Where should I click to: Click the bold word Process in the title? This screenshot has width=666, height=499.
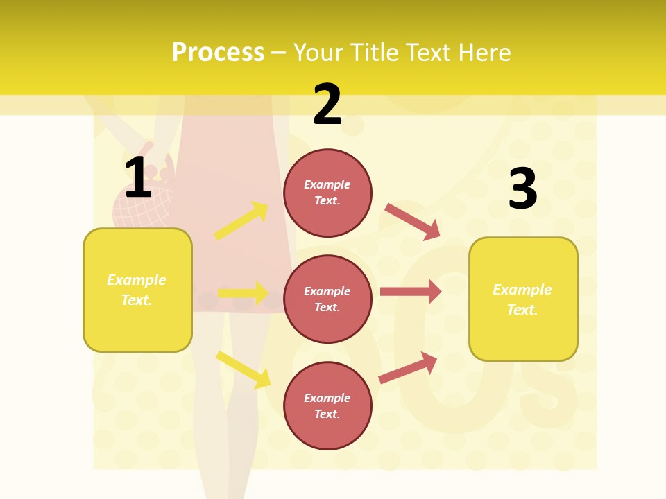pyautogui.click(x=218, y=53)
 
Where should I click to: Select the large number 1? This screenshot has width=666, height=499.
pyautogui.click(x=138, y=178)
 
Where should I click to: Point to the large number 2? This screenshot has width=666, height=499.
pyautogui.click(x=327, y=105)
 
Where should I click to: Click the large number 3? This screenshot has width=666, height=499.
pyautogui.click(x=522, y=189)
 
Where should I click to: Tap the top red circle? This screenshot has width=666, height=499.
pyautogui.click(x=327, y=193)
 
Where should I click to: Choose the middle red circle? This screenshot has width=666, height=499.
pyautogui.click(x=327, y=299)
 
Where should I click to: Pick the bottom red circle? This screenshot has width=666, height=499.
pyautogui.click(x=327, y=406)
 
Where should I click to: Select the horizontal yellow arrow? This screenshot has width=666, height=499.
pyautogui.click(x=243, y=293)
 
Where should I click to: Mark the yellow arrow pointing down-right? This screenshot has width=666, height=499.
pyautogui.click(x=244, y=369)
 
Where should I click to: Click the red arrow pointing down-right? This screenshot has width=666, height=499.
pyautogui.click(x=413, y=222)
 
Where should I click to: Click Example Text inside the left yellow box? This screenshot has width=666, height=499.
pyautogui.click(x=137, y=290)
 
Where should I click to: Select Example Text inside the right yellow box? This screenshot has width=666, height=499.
pyautogui.click(x=522, y=299)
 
